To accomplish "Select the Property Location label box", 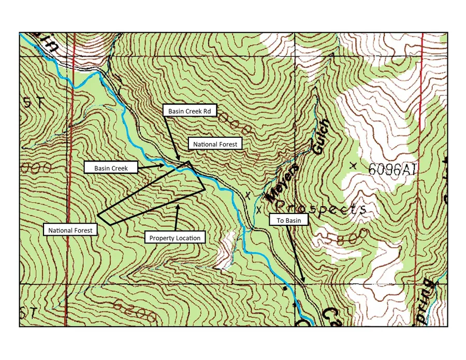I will [x=174, y=238].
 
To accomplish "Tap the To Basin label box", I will [x=287, y=220].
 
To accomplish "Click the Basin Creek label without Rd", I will [x=111, y=168].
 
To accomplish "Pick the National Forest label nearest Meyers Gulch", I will [x=215, y=143].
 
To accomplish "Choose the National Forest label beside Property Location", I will [x=70, y=230].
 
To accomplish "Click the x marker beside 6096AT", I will [x=353, y=165].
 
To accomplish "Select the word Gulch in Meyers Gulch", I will [x=320, y=137].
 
